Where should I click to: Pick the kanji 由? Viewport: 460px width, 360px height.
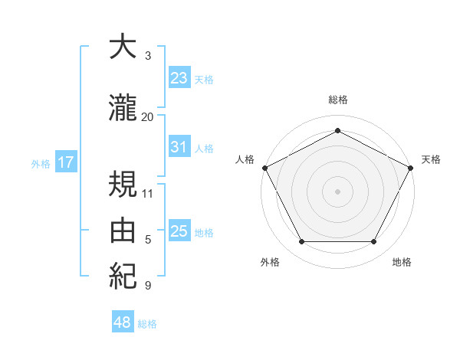123,229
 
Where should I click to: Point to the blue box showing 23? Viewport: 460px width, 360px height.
179,77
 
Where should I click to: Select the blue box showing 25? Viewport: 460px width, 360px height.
179,231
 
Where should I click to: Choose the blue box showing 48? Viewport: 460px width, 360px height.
123,322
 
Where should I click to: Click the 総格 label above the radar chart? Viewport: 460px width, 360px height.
337,100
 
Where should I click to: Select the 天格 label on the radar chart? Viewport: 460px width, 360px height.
431,159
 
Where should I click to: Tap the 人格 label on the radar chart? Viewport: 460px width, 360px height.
245,159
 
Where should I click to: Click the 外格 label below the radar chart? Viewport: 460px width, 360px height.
270,262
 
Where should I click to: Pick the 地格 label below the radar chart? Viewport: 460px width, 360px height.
402,262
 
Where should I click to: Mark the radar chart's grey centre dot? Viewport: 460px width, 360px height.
337,191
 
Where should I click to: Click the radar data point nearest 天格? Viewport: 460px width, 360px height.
412,167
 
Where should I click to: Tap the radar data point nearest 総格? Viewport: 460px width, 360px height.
337,130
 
